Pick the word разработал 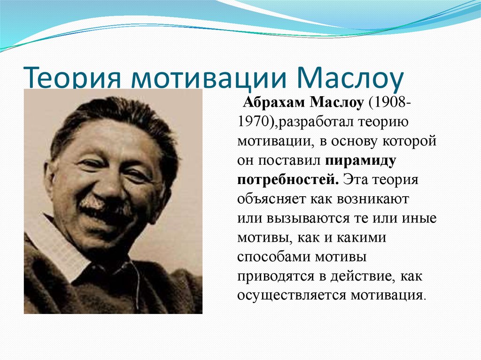317,122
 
